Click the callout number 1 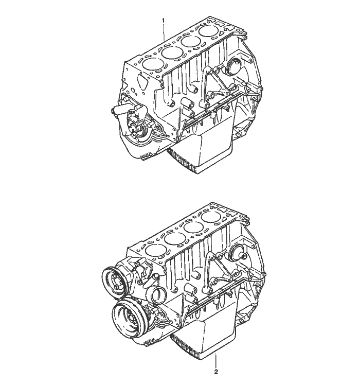(x=164, y=20)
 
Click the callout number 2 (x=217, y=371)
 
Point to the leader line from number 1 (x=164, y=33)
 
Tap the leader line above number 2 (x=217, y=359)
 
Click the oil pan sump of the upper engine (x=206, y=149)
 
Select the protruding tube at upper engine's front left (x=116, y=109)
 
